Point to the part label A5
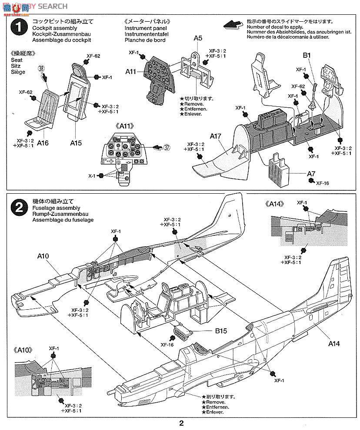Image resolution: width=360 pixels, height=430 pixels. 198,38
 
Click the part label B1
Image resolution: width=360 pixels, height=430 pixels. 307,55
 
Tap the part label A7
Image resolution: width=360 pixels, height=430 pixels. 311,174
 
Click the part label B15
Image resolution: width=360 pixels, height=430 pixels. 221,331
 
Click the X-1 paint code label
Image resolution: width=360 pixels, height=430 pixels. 92,176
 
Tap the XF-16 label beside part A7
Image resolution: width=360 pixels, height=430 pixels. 323,183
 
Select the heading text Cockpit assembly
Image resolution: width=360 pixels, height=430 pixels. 53,27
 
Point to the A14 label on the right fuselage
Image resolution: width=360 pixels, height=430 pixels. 333,344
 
